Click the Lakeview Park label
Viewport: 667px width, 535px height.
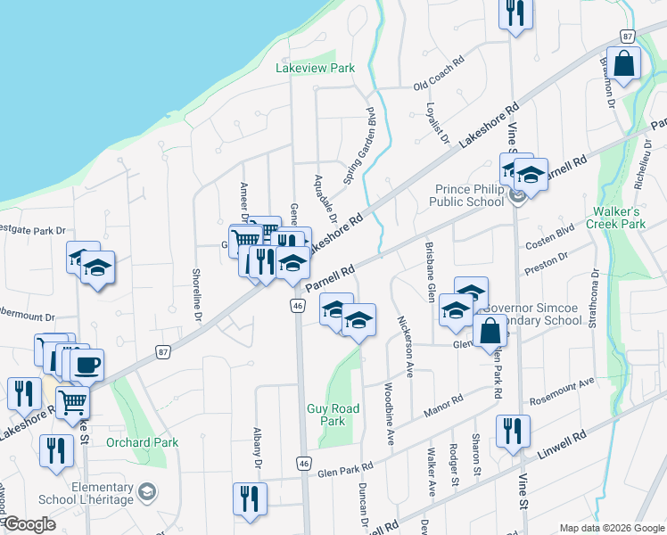pos(316,69)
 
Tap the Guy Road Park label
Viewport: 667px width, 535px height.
pos(333,415)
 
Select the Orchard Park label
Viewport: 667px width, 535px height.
pos(142,442)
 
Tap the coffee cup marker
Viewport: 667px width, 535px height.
pos(87,365)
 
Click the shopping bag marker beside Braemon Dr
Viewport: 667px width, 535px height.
pos(626,63)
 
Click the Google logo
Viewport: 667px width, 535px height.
pos(29,524)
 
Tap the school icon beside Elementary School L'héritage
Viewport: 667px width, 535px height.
pos(146,491)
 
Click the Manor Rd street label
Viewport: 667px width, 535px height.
pos(443,407)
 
